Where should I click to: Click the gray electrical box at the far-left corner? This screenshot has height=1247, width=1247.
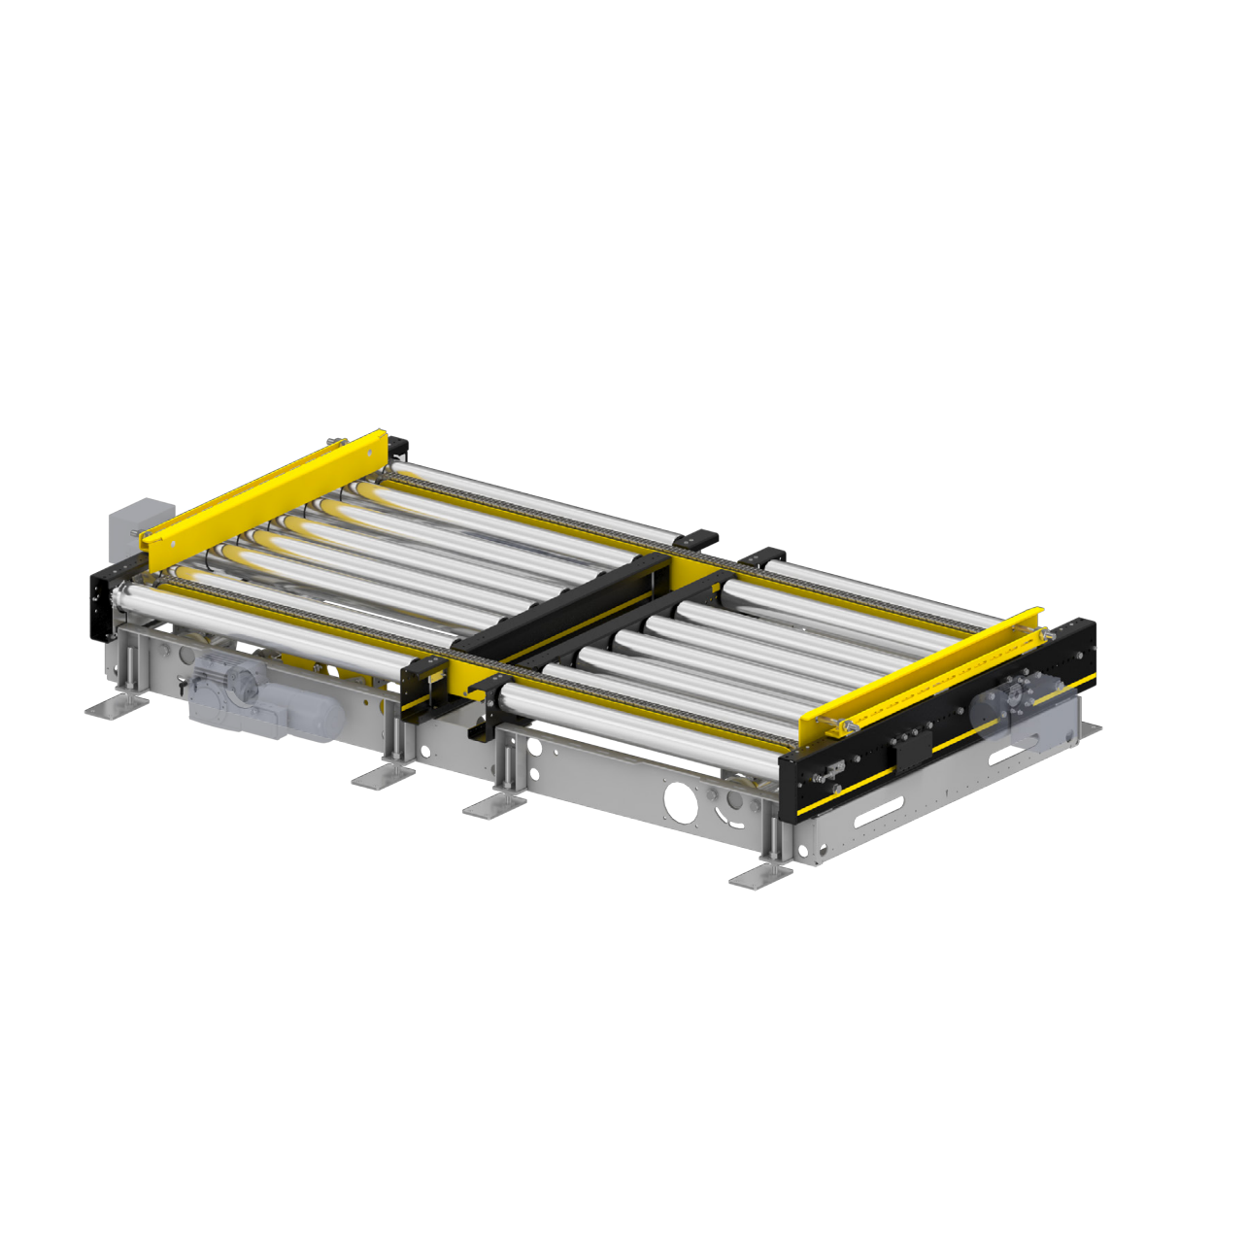(x=136, y=525)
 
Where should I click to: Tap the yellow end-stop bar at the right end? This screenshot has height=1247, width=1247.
(x=923, y=669)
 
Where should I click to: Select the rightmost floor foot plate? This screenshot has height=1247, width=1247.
(x=760, y=876)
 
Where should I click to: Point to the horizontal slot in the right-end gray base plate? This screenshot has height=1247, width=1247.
(x=879, y=806)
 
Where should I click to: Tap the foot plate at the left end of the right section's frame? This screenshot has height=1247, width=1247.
(x=494, y=803)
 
